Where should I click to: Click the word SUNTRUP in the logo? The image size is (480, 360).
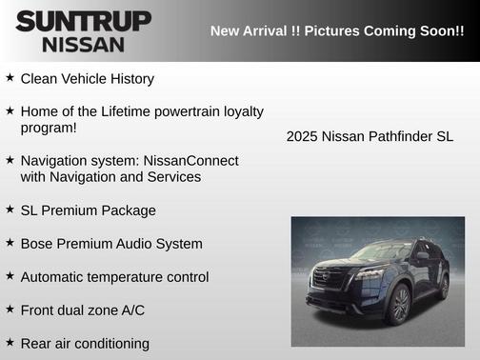[83, 21]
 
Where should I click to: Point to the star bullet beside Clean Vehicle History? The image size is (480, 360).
[10, 78]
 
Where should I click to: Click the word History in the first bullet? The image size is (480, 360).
[129, 79]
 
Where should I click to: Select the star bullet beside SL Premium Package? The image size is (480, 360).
[10, 210]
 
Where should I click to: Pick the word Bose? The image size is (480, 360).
[37, 244]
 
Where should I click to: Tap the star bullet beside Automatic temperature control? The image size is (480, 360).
[10, 276]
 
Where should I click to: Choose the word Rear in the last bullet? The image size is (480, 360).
[37, 344]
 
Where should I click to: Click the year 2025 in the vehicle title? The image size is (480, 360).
[302, 137]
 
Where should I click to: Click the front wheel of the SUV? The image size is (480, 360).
[400, 305]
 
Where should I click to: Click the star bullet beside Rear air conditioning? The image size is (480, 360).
[10, 342]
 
